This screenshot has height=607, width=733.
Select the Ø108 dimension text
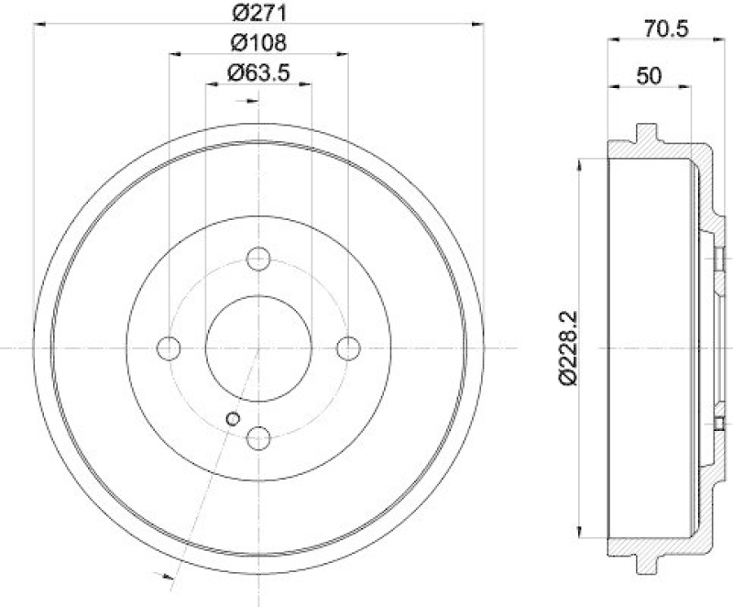pyautogui.click(x=257, y=42)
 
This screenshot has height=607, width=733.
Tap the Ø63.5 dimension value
pyautogui.click(x=257, y=72)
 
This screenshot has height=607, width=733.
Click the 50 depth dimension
pyautogui.click(x=649, y=77)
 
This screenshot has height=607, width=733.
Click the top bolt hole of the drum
pyautogui.click(x=258, y=259)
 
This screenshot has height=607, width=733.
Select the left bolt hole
pyautogui.click(x=170, y=348)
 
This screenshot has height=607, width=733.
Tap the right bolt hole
pyautogui.click(x=347, y=348)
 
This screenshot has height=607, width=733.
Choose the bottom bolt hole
pyautogui.click(x=258, y=437)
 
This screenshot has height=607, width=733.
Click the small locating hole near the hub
pyautogui.click(x=233, y=419)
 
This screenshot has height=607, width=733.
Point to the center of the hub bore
pyautogui.click(x=258, y=348)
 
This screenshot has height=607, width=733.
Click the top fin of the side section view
pyautogui.click(x=647, y=134)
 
